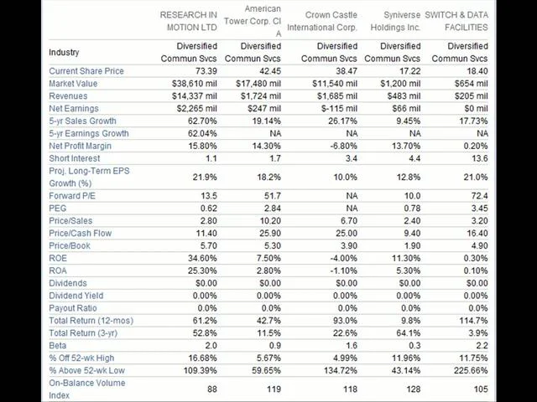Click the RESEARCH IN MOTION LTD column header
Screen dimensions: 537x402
[x=189, y=21]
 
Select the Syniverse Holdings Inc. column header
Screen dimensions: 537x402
[x=395, y=21]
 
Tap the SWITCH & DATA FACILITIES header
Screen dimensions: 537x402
[x=456, y=21]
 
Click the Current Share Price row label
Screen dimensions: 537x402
[x=86, y=71]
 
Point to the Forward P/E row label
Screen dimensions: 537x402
[x=72, y=196]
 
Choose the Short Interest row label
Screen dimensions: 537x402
[x=75, y=158]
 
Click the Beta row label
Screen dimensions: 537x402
[x=58, y=346]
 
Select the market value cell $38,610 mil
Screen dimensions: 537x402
[x=194, y=84]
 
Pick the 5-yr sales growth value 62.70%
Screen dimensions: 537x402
[x=202, y=121]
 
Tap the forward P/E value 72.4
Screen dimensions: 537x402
[x=479, y=196]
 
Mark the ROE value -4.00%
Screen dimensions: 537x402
[x=343, y=259]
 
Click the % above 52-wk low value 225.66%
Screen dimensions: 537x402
[x=471, y=370]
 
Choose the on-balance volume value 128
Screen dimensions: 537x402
[x=413, y=389]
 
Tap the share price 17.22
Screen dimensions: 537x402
[x=410, y=71]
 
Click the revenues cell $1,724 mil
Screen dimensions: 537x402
[x=261, y=96]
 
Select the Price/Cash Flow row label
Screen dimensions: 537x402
[x=81, y=234]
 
